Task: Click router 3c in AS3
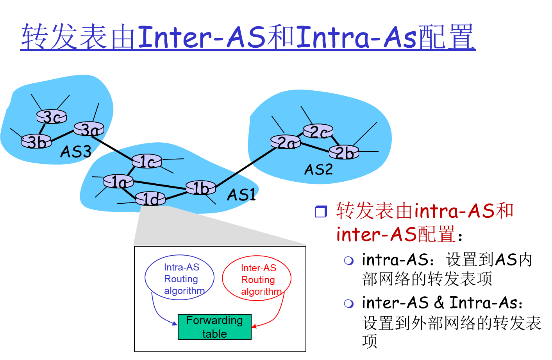point(52,116)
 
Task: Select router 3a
point(89,129)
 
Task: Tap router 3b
point(36,141)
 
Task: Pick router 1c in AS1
point(147,161)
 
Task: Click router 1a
point(118,181)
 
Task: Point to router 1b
point(201,188)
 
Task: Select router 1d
point(150,199)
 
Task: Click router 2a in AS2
point(286,142)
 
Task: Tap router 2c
point(318,131)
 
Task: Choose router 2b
point(344,152)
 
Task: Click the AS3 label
point(76,152)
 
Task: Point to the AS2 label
point(318,169)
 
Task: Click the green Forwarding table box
point(214,327)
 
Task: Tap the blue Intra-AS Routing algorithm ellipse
point(180,278)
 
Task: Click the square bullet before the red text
point(321,211)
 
